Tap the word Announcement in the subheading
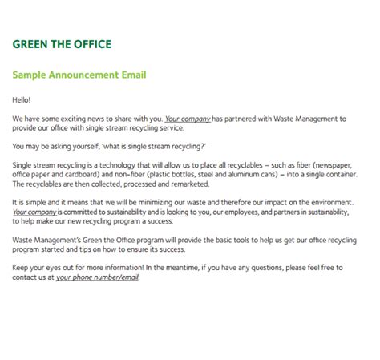(x=79, y=75)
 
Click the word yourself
(x=90, y=146)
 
